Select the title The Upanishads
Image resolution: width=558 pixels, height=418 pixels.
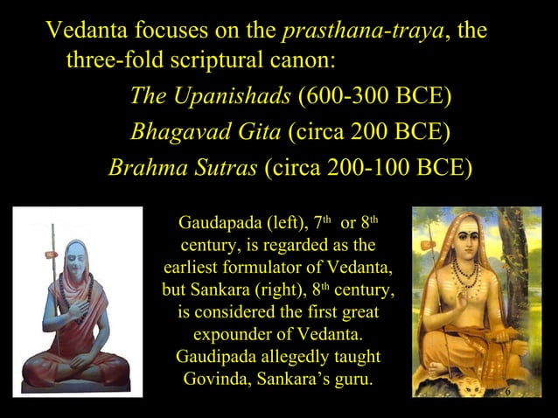click(x=211, y=95)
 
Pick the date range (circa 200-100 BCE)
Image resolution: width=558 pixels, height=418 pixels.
click(x=368, y=167)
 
